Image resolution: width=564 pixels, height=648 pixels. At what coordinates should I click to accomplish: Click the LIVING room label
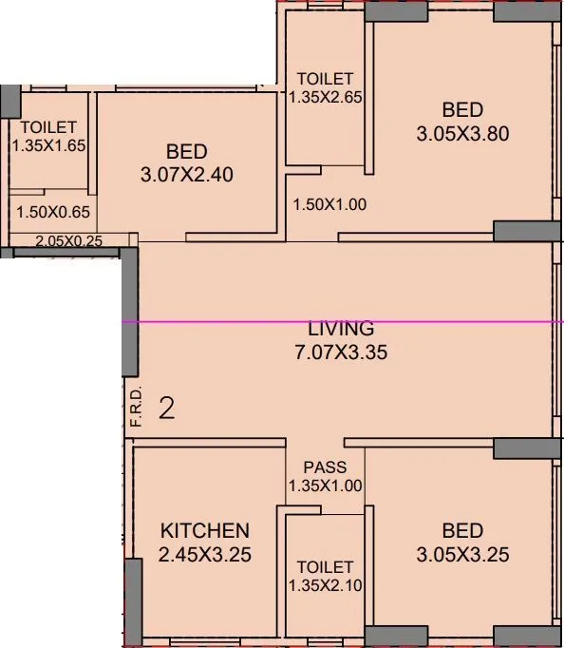click(x=341, y=329)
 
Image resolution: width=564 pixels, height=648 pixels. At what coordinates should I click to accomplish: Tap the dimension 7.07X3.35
click(x=341, y=352)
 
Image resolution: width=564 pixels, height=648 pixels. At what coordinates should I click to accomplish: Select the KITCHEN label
click(x=204, y=530)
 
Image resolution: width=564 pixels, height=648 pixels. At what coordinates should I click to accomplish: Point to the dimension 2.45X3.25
click(x=205, y=555)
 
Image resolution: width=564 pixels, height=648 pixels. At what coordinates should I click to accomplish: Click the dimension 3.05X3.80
click(x=462, y=134)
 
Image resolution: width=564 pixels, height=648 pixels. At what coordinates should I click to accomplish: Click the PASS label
click(x=325, y=467)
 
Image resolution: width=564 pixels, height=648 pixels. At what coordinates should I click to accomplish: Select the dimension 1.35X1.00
click(x=325, y=486)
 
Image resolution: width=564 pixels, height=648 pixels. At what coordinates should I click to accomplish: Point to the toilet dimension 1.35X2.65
click(x=326, y=96)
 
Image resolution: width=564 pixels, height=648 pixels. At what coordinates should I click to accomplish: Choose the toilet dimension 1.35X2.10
click(x=325, y=584)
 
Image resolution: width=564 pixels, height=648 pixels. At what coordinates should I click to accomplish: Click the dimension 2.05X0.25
click(x=68, y=241)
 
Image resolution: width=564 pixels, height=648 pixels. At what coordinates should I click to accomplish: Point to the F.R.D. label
click(x=136, y=406)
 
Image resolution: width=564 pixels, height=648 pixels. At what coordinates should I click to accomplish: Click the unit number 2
click(x=167, y=409)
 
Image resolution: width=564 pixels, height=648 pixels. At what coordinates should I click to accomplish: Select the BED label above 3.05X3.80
click(x=462, y=108)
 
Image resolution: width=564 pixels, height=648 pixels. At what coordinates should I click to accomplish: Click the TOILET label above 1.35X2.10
click(x=325, y=567)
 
